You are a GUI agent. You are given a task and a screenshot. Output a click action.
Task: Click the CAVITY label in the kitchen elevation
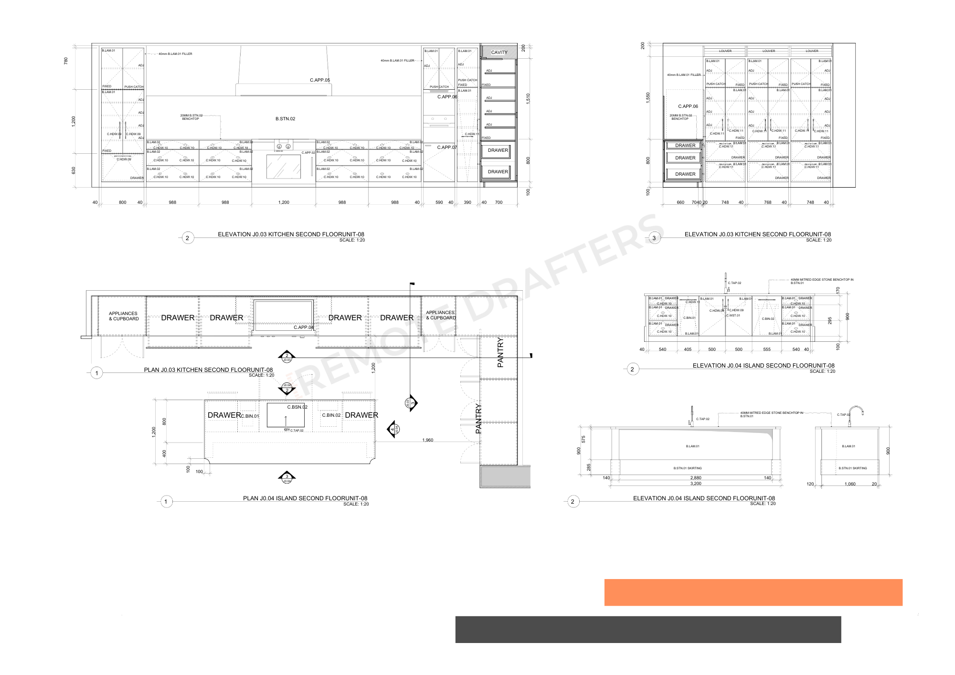[499, 53]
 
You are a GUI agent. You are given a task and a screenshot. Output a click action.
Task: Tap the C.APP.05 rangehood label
[320, 80]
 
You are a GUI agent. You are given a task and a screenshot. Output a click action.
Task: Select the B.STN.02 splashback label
[285, 119]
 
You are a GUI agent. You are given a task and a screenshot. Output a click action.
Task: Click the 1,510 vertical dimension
[528, 99]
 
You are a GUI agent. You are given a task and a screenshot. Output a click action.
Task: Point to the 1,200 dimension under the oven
[284, 202]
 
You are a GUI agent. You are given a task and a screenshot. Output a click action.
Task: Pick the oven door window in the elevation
[284, 167]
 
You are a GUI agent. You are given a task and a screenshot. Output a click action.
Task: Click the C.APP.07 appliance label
[447, 148]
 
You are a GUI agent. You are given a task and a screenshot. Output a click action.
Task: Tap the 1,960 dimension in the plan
[428, 440]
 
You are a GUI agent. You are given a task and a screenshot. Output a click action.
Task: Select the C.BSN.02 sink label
[297, 407]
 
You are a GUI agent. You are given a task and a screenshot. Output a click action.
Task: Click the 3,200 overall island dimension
[696, 484]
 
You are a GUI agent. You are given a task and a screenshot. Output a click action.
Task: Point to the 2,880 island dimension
[696, 478]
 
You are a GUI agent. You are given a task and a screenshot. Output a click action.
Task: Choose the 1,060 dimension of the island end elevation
[850, 484]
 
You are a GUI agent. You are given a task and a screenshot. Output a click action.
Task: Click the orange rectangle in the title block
[753, 592]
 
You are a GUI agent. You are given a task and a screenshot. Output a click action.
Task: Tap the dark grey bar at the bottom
[648, 630]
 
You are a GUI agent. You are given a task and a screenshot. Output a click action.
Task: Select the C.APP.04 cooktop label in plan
[304, 327]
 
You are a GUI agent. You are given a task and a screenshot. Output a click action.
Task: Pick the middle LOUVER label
[769, 51]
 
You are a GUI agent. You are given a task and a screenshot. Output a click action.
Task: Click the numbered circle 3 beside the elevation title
[654, 238]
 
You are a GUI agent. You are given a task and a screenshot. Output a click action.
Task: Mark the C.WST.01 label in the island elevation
[733, 316]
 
